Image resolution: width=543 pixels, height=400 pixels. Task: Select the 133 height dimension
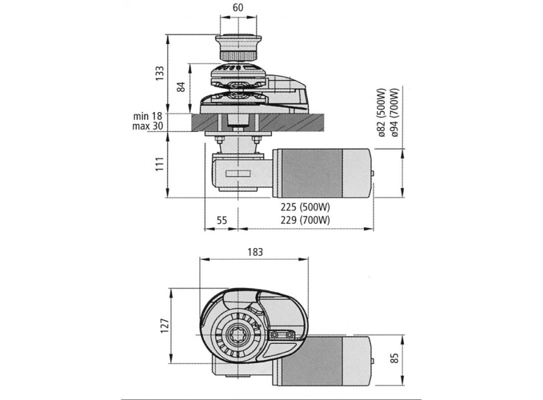[x=161, y=73]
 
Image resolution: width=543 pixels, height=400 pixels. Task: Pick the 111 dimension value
[x=161, y=165]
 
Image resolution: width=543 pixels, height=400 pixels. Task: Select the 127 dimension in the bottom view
[x=163, y=327]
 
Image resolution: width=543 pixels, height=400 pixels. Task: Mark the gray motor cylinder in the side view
[x=324, y=173]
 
